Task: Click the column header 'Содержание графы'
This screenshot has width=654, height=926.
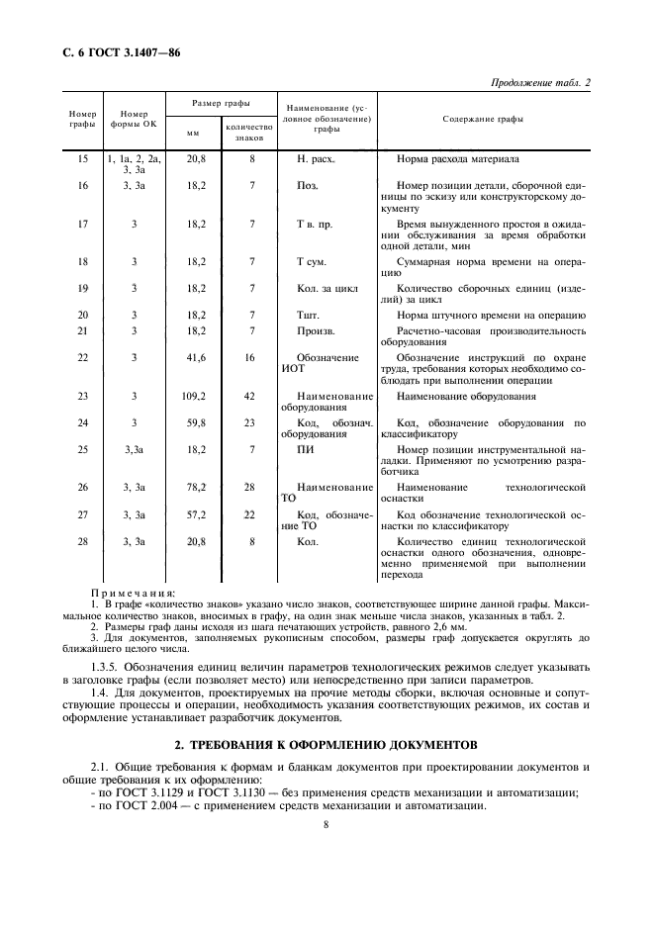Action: click(x=483, y=120)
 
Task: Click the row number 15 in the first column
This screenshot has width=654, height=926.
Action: click(x=82, y=158)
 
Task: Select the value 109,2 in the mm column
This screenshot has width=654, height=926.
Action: click(x=195, y=397)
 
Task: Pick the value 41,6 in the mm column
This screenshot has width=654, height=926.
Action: click(x=195, y=357)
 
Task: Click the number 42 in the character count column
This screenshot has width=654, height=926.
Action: click(x=251, y=397)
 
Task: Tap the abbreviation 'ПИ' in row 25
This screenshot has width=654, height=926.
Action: click(x=306, y=449)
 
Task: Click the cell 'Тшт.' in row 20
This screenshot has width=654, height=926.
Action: click(x=309, y=315)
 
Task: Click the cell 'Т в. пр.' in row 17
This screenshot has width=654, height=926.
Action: click(x=315, y=224)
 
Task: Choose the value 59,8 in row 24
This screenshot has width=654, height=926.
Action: click(x=195, y=422)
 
